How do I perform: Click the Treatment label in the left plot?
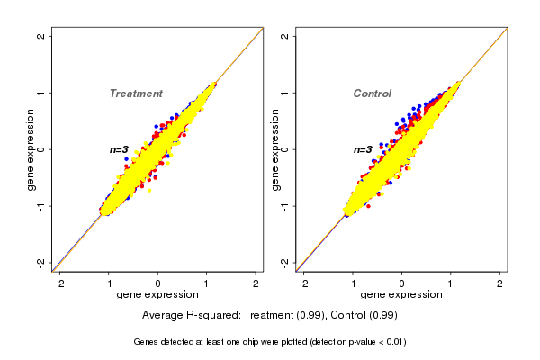click(x=136, y=94)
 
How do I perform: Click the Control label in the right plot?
click(x=372, y=94)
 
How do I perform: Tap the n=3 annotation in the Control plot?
click(x=363, y=150)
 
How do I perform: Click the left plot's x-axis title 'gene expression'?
click(x=157, y=295)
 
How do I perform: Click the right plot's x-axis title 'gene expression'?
click(x=401, y=295)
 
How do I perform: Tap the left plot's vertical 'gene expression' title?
click(x=31, y=149)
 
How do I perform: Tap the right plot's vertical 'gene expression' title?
click(x=275, y=149)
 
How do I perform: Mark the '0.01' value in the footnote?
click(x=392, y=342)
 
